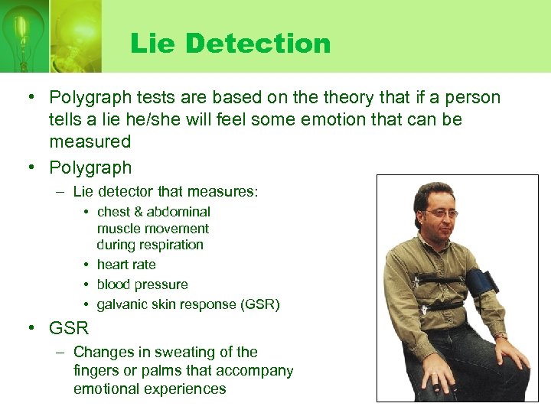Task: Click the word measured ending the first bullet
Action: click(x=90, y=141)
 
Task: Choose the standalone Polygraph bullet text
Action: click(x=90, y=167)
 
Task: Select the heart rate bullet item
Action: click(x=126, y=265)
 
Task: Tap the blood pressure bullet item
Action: click(x=142, y=285)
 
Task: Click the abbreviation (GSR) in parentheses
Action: click(x=260, y=304)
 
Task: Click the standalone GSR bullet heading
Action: click(x=69, y=329)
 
